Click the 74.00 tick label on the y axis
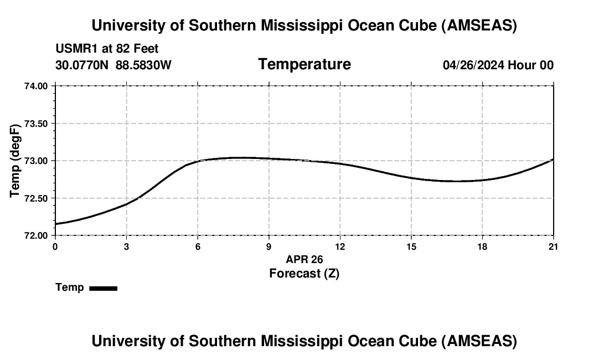(37, 86)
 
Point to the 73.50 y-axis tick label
(37, 124)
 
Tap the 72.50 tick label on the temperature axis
(37, 198)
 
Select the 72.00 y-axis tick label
(37, 235)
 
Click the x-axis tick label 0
(55, 246)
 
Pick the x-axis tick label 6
(198, 246)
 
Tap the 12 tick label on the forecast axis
(340, 246)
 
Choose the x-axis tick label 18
(482, 246)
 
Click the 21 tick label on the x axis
(553, 246)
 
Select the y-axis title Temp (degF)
(16, 161)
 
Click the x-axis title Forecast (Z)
(304, 273)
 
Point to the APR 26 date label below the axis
(304, 259)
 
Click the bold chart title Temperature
(304, 64)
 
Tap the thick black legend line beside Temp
(103, 288)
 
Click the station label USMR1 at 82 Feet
(107, 49)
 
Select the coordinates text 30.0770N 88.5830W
(113, 65)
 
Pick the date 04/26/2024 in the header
(473, 65)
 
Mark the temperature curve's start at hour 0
(55, 224)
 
